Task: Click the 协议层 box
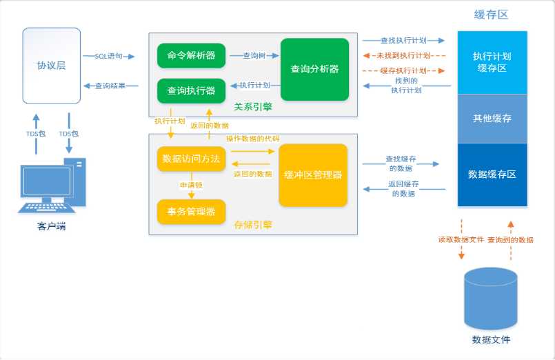tap(52, 66)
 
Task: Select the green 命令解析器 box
tap(191, 56)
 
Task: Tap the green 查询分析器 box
tap(314, 70)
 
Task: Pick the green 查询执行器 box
tap(191, 91)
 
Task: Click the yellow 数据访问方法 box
tap(191, 159)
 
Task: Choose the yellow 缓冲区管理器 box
tap(313, 175)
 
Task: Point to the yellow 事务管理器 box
tap(191, 212)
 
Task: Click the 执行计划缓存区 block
tap(492, 62)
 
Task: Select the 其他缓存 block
tap(492, 119)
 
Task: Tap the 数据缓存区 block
tap(492, 174)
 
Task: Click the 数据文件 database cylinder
tap(491, 299)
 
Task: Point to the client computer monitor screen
tap(47, 181)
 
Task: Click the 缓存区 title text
tap(492, 15)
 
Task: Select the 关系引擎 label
tap(253, 106)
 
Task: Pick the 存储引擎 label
tap(253, 225)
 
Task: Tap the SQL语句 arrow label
tap(108, 56)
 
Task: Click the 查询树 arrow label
tap(254, 56)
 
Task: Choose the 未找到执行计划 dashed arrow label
tap(403, 56)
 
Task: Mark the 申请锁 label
tap(191, 185)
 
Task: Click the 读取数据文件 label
tap(461, 239)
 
